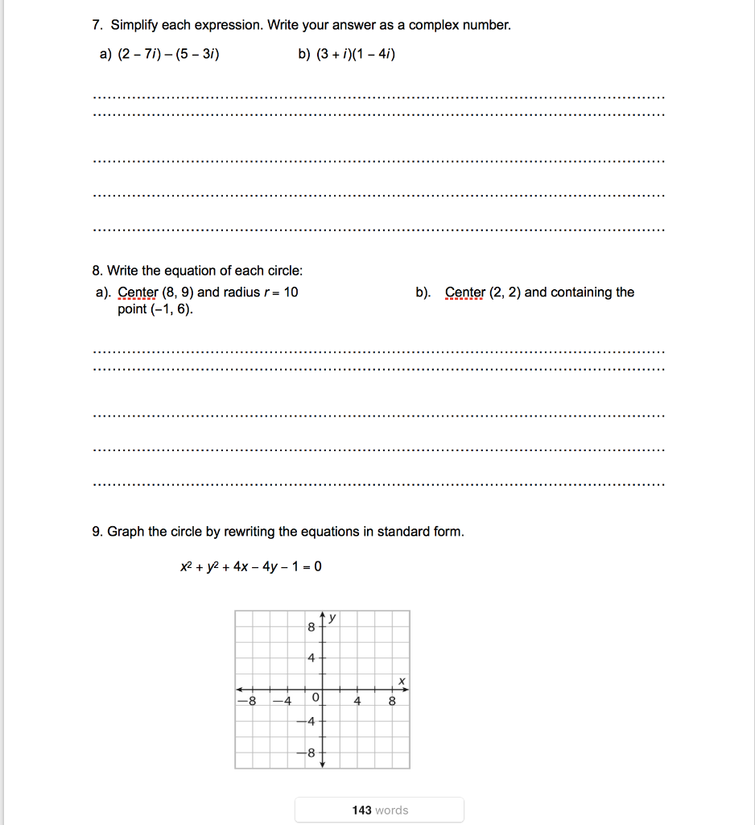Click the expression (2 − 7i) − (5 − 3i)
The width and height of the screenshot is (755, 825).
click(x=168, y=54)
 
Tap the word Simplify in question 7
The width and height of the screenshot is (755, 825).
click(x=137, y=26)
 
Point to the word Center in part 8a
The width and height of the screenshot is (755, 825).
click(x=138, y=292)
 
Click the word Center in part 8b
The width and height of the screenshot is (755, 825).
click(x=465, y=292)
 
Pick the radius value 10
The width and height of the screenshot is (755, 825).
click(x=291, y=292)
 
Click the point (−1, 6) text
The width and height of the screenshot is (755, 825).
click(x=155, y=310)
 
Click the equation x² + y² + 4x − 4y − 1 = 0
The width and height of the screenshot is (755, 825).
click(x=251, y=566)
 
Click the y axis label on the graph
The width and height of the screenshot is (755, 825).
click(x=332, y=619)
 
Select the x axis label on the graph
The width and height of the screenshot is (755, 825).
click(x=400, y=682)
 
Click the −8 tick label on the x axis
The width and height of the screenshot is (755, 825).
click(x=248, y=701)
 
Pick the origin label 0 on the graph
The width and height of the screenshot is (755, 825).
click(x=315, y=696)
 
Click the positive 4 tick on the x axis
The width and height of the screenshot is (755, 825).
click(x=357, y=701)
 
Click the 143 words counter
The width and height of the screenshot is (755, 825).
click(x=380, y=810)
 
